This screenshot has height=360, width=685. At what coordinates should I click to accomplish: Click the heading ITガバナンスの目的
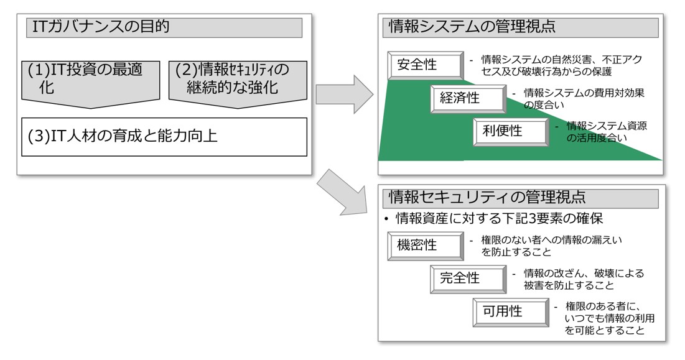(x=100, y=27)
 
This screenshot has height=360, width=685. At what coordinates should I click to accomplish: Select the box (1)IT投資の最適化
(x=90, y=83)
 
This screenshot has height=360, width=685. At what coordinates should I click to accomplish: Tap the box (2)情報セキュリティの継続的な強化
(x=238, y=83)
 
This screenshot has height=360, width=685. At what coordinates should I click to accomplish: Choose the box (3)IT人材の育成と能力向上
(x=164, y=137)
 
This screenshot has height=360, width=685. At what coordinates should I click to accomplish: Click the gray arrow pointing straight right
(x=345, y=95)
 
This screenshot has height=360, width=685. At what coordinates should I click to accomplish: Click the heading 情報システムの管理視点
(x=472, y=27)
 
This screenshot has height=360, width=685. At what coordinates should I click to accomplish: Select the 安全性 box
(x=426, y=65)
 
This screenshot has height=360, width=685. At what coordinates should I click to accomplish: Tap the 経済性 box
(x=468, y=99)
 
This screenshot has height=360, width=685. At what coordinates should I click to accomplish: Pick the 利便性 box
(x=511, y=132)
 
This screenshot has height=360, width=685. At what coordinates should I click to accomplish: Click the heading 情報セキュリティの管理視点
(x=487, y=197)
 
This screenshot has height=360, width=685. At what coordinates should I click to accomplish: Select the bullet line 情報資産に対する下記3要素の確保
(x=493, y=218)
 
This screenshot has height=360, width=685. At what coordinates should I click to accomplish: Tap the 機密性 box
(x=426, y=246)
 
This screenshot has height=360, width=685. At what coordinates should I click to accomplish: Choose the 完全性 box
(x=468, y=279)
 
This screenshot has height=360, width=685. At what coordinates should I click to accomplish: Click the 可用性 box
(x=511, y=312)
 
